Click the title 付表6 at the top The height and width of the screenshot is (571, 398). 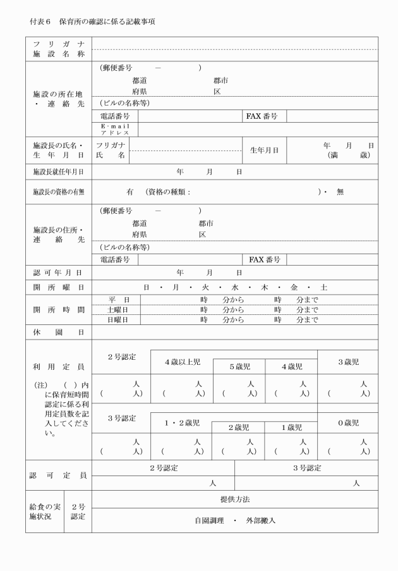[x=42, y=21]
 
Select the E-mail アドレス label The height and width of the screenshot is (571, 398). [x=115, y=130]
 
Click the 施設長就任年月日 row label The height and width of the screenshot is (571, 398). [x=58, y=171]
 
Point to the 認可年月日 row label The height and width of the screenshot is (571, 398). [x=58, y=273]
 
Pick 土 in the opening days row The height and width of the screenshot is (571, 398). [x=324, y=287]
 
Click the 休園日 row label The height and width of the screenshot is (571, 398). [x=58, y=331]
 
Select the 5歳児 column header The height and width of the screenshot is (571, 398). [x=240, y=366]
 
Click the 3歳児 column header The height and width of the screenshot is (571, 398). [x=348, y=362]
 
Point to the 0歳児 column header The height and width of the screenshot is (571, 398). [x=348, y=422]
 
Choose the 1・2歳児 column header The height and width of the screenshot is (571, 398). [x=183, y=422]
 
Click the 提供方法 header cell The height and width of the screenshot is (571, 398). [x=235, y=499]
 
